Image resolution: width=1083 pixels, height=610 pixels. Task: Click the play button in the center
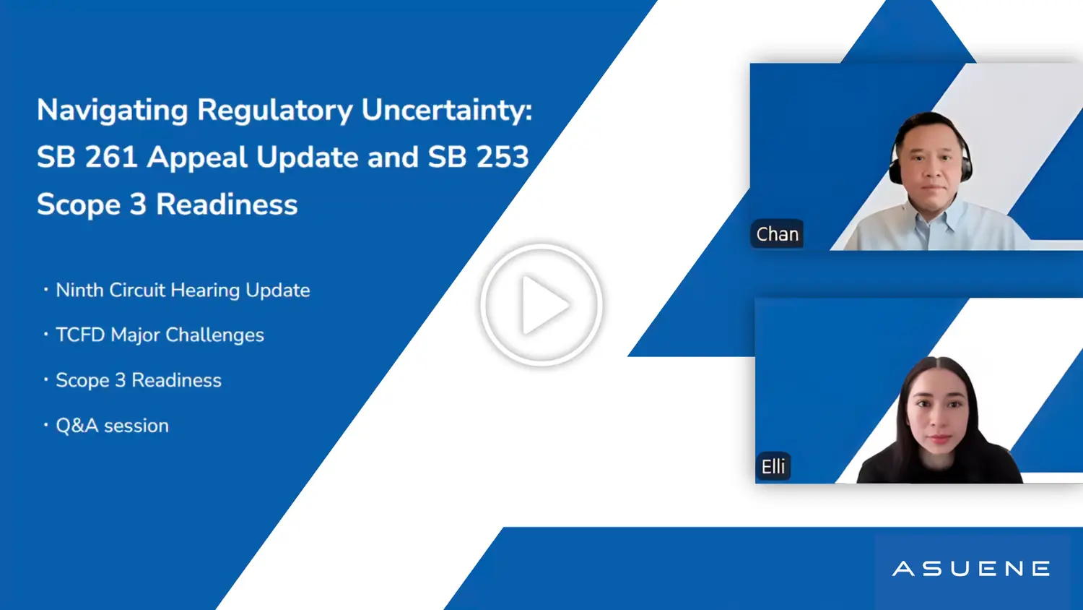(541, 305)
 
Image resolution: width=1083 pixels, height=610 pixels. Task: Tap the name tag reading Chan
(777, 234)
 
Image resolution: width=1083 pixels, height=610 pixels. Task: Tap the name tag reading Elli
(773, 467)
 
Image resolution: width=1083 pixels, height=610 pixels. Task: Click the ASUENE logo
(971, 569)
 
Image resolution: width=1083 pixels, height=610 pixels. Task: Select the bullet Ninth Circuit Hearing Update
(183, 290)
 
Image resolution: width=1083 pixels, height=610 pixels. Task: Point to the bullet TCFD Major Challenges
(160, 335)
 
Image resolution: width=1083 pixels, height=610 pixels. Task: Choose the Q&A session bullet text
(112, 426)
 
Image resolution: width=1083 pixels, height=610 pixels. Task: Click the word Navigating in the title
(112, 111)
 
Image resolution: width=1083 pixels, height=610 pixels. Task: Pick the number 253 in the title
(503, 157)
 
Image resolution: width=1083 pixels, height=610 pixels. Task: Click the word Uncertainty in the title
(446, 111)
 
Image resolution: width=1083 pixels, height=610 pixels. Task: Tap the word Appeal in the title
(197, 158)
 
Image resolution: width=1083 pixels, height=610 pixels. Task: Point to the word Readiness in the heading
(227, 204)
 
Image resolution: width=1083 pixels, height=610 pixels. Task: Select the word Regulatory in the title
(274, 111)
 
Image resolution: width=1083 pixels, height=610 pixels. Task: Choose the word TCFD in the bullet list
(80, 335)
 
